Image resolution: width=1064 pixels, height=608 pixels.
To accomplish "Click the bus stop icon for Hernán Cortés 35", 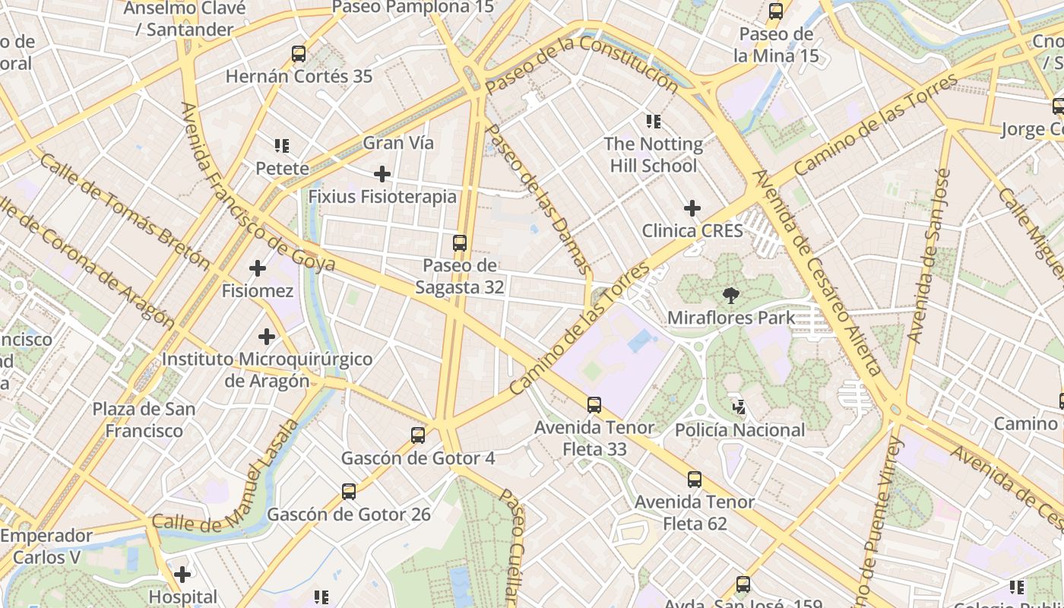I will [299, 54].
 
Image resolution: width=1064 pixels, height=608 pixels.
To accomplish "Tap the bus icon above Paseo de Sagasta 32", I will [459, 243].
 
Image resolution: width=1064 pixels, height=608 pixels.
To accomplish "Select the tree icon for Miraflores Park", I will [730, 295].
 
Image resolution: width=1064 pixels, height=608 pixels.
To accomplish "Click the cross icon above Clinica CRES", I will [692, 207].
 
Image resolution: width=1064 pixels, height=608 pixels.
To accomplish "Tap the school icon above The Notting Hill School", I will [653, 121].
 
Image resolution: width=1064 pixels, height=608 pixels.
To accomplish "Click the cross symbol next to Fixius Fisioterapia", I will [382, 174].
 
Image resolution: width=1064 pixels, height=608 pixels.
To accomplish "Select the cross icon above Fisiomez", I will [258, 268].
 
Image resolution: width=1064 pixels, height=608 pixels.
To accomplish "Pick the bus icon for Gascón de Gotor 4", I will [418, 435].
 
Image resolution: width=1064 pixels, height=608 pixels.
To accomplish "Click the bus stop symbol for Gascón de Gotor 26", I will [349, 492].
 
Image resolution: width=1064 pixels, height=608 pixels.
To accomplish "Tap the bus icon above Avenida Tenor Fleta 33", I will [594, 405].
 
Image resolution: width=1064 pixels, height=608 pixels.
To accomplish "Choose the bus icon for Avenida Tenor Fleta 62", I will [695, 480].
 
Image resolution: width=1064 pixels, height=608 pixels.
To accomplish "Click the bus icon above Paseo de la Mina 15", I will [776, 11].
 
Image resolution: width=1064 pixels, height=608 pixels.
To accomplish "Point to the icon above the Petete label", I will [282, 145].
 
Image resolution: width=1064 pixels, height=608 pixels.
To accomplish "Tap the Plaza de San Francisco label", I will [144, 420].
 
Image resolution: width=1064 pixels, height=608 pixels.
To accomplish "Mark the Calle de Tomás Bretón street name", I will [125, 212].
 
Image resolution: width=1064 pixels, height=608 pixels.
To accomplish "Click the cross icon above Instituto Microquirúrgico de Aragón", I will [266, 336].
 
